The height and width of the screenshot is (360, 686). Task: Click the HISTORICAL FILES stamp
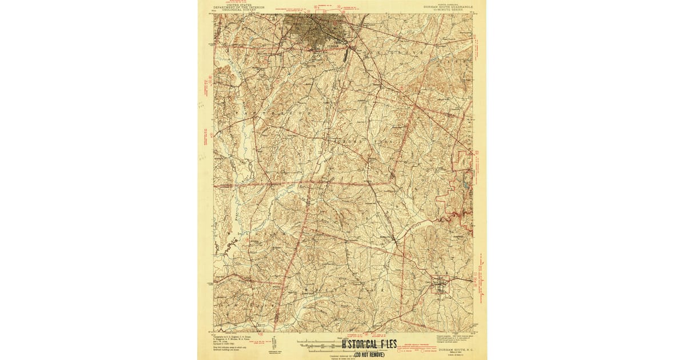coord(369,345)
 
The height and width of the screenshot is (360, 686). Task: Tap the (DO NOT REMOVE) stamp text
coord(369,354)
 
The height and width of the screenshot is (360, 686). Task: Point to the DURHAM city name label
coord(334,46)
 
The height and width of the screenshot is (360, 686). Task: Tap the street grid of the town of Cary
coord(440,284)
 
